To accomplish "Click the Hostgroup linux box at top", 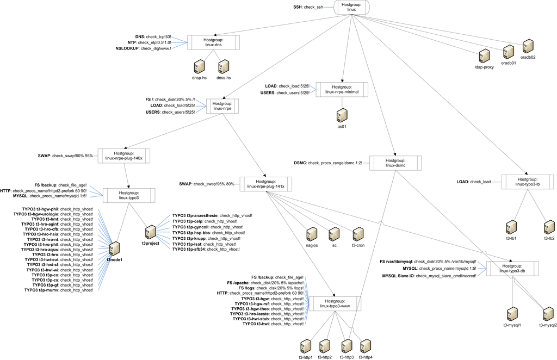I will pyautogui.click(x=352, y=7).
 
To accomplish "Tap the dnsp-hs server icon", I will pyautogui.click(x=200, y=66).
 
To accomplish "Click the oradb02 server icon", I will pyautogui.click(x=528, y=46).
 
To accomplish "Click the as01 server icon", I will pyautogui.click(x=342, y=114).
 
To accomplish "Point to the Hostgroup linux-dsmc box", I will pyautogui.click(x=395, y=163).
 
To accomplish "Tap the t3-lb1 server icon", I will pyautogui.click(x=511, y=227).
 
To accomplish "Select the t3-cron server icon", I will pyautogui.click(x=358, y=234).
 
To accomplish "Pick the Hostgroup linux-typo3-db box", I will pyautogui.click(x=512, y=268).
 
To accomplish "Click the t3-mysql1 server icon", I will pyautogui.click(x=512, y=314).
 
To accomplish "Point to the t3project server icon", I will pyautogui.click(x=151, y=231).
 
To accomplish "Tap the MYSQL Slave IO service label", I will pyautogui.click(x=429, y=276).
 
